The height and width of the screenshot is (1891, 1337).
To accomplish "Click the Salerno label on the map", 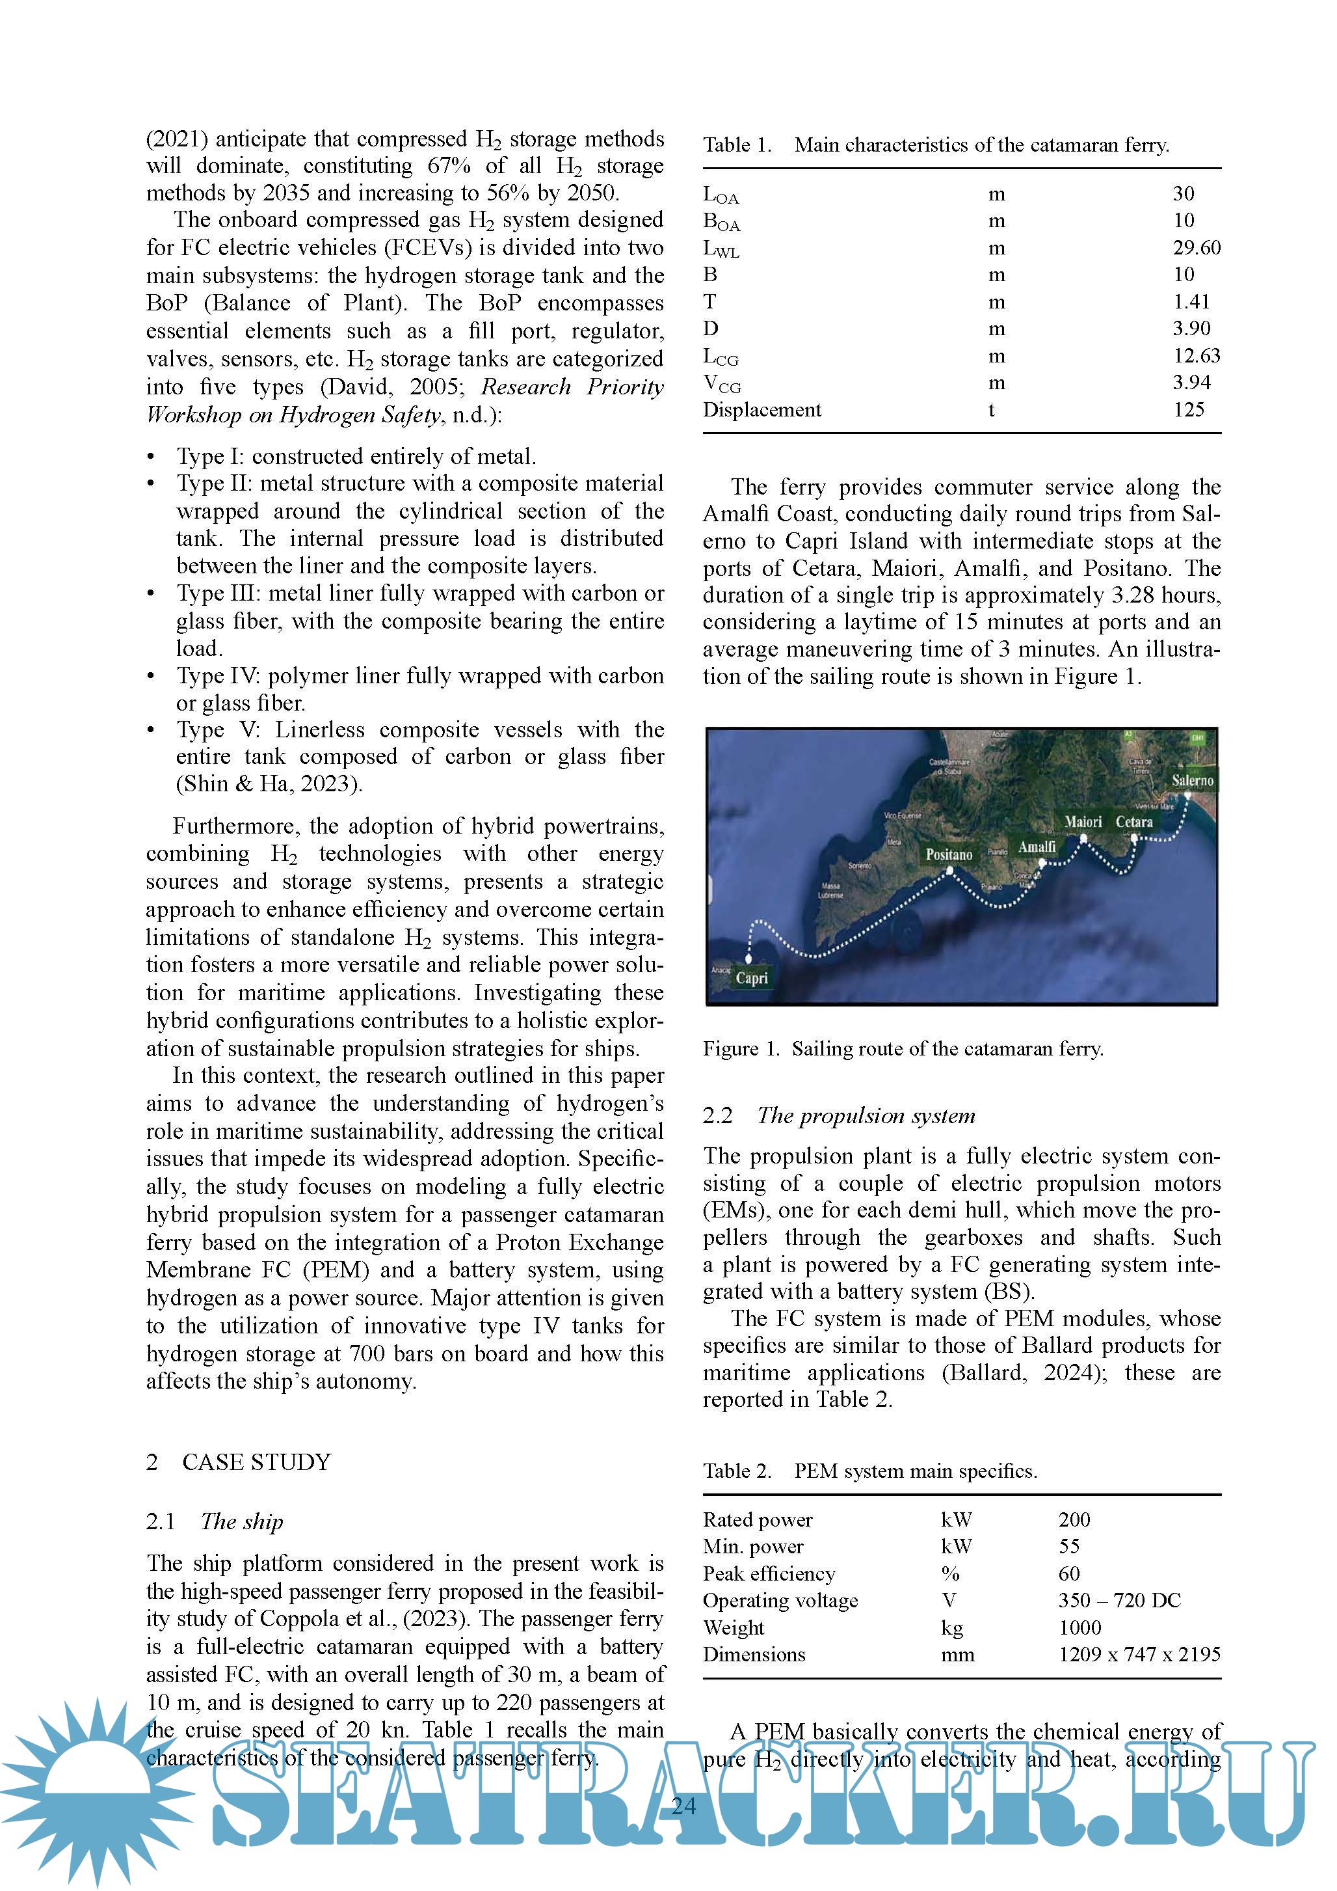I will click(1192, 780).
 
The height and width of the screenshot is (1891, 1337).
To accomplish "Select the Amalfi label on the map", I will click(1037, 847).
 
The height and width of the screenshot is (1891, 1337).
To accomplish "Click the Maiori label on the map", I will click(1083, 822).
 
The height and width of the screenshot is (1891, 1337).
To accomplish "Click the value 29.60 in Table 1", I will click(1197, 247).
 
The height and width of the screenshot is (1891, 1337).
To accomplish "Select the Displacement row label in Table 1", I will click(761, 409).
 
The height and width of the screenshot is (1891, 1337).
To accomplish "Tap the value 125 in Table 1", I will click(1188, 409).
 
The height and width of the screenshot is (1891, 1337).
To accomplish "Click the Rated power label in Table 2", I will click(758, 1519).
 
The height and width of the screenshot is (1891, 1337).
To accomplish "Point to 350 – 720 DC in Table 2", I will click(1119, 1600).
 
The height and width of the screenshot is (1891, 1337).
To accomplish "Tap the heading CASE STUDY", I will click(256, 1462).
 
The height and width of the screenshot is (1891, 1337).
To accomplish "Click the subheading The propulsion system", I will click(866, 1115).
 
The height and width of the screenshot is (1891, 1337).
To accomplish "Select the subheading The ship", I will click(241, 1521).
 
